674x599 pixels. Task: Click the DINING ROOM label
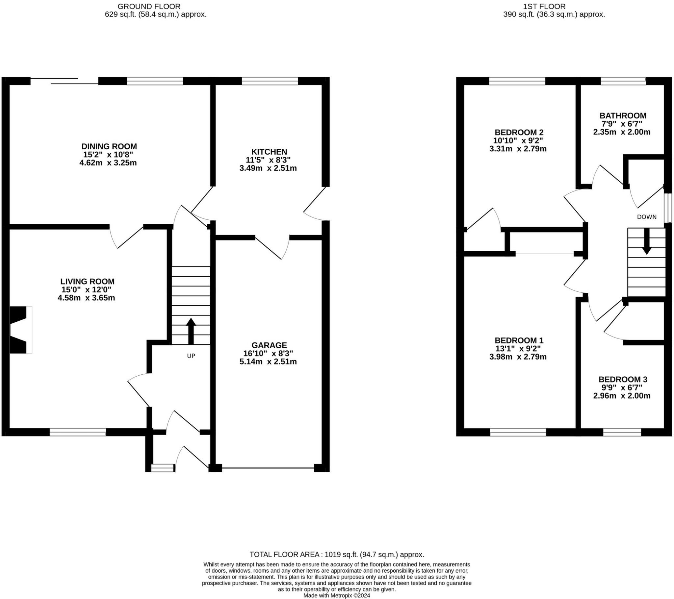point(109,146)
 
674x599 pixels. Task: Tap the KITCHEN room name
point(269,152)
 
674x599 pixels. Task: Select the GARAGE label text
point(269,345)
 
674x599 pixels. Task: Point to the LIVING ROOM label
point(88,282)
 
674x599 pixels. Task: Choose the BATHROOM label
point(623,116)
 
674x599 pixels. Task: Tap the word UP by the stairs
point(191,356)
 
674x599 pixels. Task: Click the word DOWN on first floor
point(647,217)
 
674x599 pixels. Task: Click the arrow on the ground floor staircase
point(191,331)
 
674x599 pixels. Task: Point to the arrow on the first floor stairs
point(647,241)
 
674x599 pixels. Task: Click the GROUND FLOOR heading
point(149,6)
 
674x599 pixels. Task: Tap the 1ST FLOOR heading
point(549,6)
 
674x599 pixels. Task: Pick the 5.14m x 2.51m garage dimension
point(268,362)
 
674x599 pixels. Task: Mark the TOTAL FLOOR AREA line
point(337,555)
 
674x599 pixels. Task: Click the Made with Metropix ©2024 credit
point(337,596)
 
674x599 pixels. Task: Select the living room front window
point(78,432)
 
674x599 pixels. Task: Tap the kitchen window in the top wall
point(270,81)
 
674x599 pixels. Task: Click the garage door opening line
point(268,468)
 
